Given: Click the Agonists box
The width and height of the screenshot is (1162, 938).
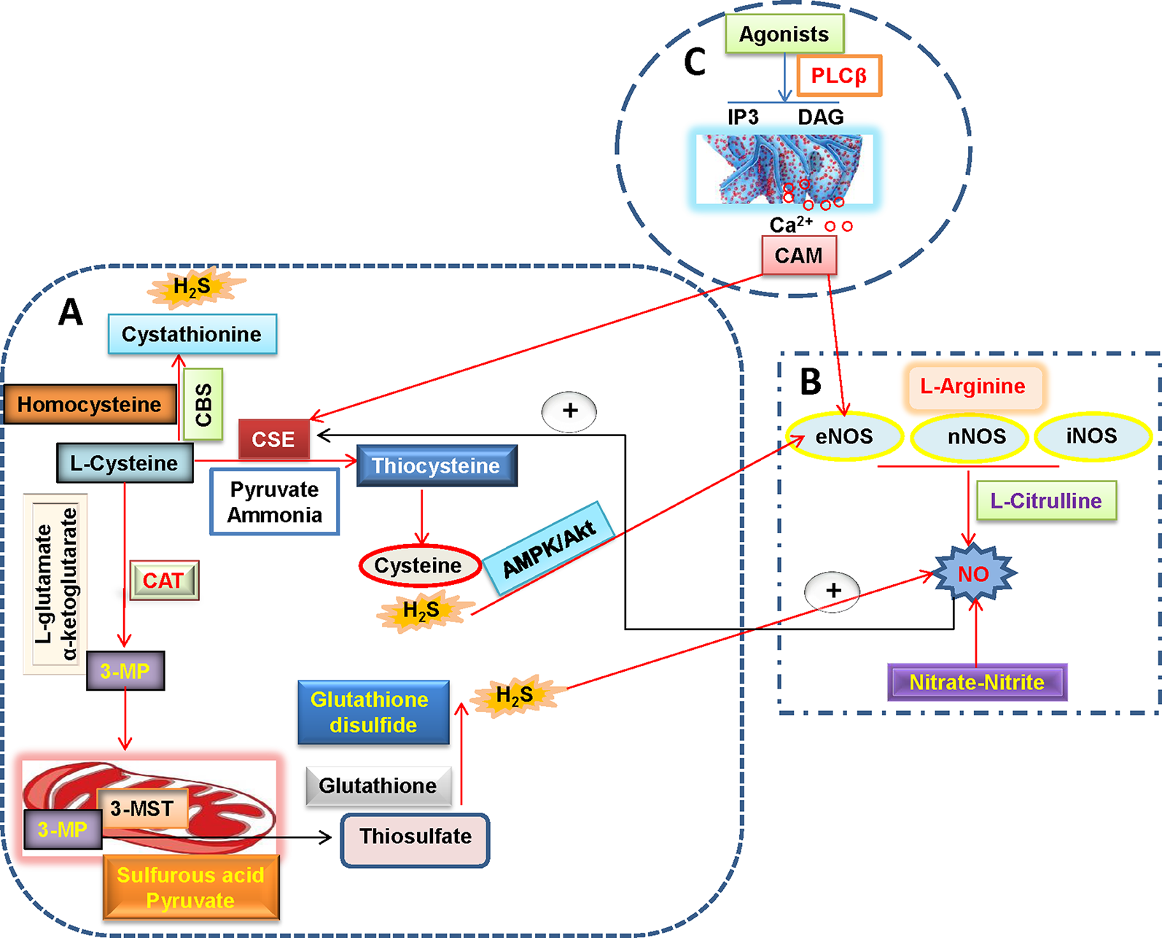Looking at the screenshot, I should (x=784, y=34).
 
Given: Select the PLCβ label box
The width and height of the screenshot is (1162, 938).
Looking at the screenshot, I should (x=839, y=75).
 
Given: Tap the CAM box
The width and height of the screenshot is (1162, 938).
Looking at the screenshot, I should (x=799, y=255).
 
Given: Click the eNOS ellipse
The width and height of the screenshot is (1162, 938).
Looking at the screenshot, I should (x=844, y=436).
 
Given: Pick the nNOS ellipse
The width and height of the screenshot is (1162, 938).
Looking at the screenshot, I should (x=976, y=436).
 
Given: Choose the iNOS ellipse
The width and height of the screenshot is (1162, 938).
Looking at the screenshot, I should (x=1091, y=435).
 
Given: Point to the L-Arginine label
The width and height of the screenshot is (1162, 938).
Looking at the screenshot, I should (x=972, y=386).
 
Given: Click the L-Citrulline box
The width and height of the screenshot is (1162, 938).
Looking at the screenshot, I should (x=1045, y=500).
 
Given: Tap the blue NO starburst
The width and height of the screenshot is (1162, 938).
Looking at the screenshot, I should (x=974, y=574).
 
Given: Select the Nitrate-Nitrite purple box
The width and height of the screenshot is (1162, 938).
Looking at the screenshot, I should (x=977, y=682).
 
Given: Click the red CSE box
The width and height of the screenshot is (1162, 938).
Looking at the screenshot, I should (x=273, y=439).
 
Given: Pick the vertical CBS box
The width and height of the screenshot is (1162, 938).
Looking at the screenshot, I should (x=203, y=404).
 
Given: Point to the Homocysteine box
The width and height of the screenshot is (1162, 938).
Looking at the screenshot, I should (x=89, y=404).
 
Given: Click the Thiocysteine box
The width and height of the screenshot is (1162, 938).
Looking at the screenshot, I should (x=436, y=465).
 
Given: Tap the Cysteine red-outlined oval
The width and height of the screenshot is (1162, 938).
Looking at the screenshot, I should (x=418, y=565).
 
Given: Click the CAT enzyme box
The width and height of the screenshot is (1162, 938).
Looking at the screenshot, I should (x=163, y=581).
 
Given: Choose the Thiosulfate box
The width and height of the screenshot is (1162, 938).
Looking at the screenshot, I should (x=415, y=836).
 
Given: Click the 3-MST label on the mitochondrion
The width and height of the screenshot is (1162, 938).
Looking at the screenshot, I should (x=142, y=808).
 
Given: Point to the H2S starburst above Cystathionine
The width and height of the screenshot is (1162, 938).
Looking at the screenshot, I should (x=192, y=287).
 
